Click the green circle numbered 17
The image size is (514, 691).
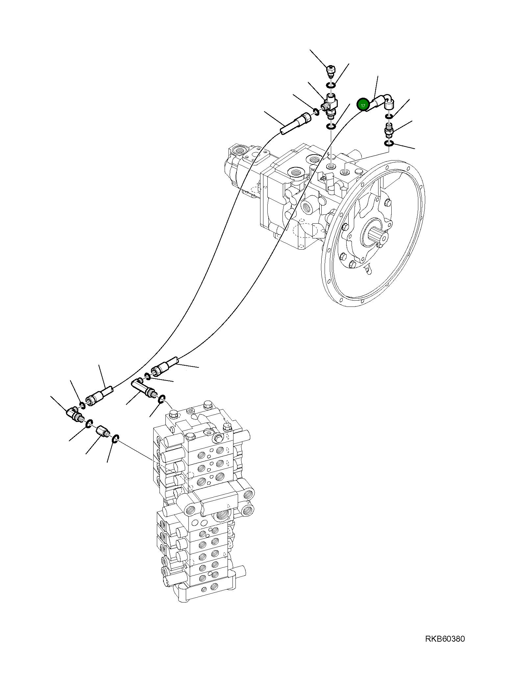[x=363, y=106]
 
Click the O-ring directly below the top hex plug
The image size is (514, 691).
[x=330, y=86]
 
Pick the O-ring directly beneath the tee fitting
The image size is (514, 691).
[x=330, y=126]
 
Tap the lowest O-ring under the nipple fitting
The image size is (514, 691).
[x=389, y=143]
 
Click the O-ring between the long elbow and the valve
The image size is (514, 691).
[x=161, y=399]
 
